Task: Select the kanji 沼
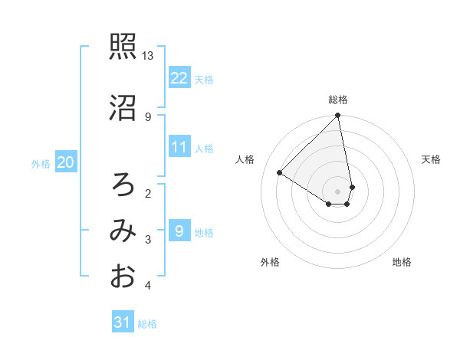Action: (x=122, y=107)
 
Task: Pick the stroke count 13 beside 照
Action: (x=148, y=56)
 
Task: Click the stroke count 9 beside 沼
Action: (x=147, y=116)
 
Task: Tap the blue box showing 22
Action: (x=179, y=77)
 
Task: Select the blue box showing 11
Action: (x=179, y=147)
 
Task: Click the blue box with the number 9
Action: (x=179, y=231)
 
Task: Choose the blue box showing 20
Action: (x=66, y=162)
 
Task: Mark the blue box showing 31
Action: (x=123, y=322)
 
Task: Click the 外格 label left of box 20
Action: (x=41, y=163)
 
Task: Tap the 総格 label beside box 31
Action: (x=147, y=324)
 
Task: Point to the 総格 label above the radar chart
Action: (x=338, y=100)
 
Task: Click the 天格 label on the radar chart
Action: (x=432, y=159)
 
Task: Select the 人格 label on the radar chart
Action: (x=245, y=159)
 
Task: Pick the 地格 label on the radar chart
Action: (x=402, y=262)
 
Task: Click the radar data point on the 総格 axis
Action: (x=338, y=116)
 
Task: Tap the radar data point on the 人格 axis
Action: (x=280, y=172)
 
